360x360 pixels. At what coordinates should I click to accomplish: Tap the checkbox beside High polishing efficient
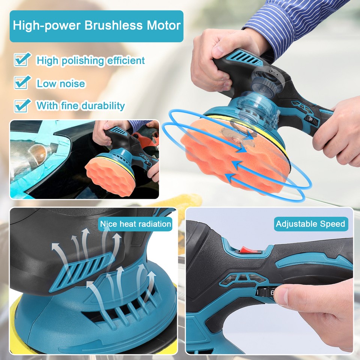tap(22, 60)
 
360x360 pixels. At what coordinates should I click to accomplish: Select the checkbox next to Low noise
tap(22, 82)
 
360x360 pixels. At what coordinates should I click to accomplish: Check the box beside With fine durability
tap(22, 105)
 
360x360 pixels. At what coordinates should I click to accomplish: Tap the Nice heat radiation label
tap(135, 224)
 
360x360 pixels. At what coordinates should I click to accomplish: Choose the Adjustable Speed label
tap(310, 224)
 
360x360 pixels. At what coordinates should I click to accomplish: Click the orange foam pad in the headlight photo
tap(109, 175)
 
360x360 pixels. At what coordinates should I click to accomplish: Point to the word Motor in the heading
tap(163, 26)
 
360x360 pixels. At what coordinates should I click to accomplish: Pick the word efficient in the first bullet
tap(124, 60)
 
